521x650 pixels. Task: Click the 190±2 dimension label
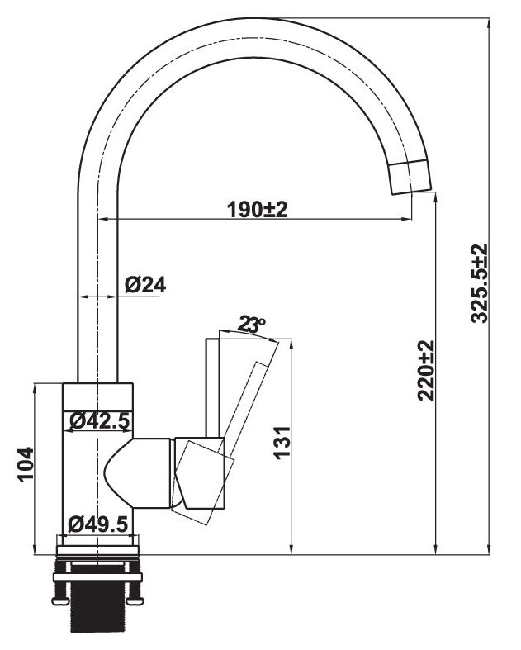pyautogui.click(x=257, y=210)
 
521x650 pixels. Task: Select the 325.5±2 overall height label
pyautogui.click(x=480, y=283)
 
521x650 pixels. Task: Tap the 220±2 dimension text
pyautogui.click(x=426, y=371)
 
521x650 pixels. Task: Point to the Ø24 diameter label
pyautogui.click(x=146, y=285)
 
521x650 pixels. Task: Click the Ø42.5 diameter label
pyautogui.click(x=99, y=421)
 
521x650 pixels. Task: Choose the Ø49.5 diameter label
pyautogui.click(x=99, y=524)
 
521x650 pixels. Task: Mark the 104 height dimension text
pyautogui.click(x=25, y=465)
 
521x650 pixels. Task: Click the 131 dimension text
pyautogui.click(x=282, y=444)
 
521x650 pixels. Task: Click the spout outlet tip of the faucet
pyautogui.click(x=411, y=177)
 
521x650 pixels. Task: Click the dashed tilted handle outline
pyautogui.click(x=248, y=413)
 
